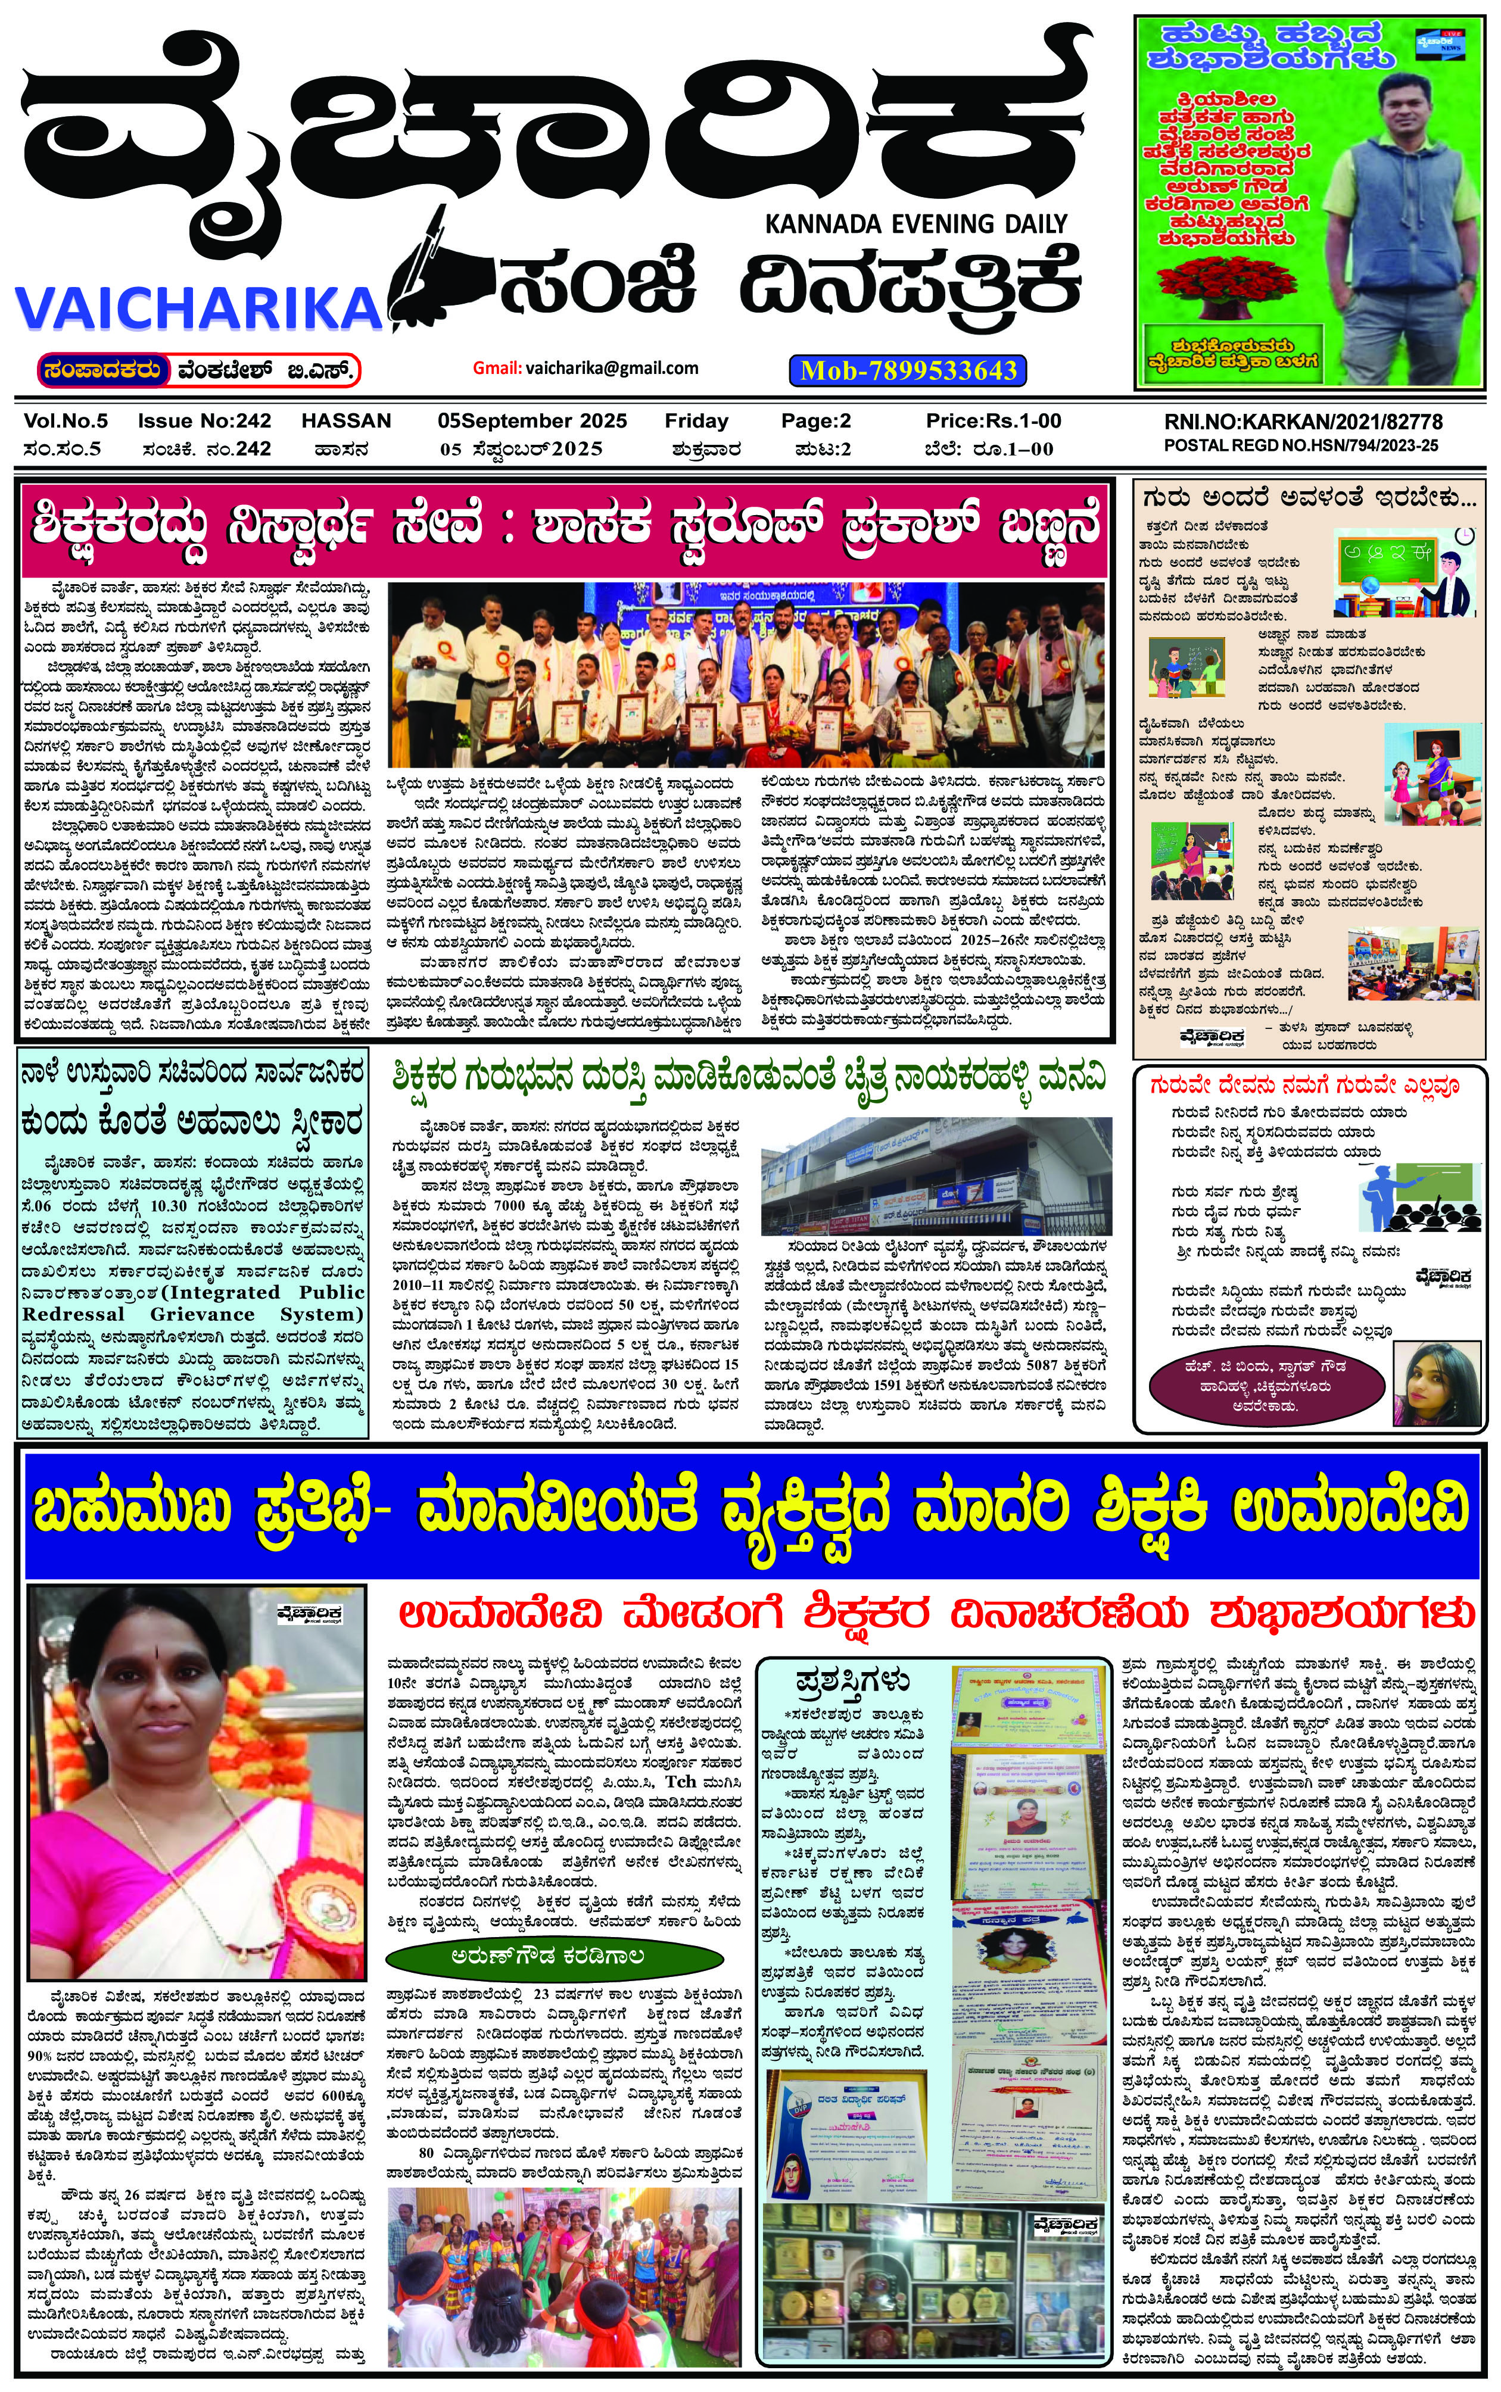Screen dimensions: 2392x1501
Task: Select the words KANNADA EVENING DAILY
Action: (x=915, y=224)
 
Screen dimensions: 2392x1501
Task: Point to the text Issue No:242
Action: (x=204, y=421)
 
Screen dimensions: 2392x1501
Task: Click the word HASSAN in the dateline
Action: (x=347, y=421)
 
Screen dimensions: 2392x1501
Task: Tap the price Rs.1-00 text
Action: (x=993, y=421)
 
